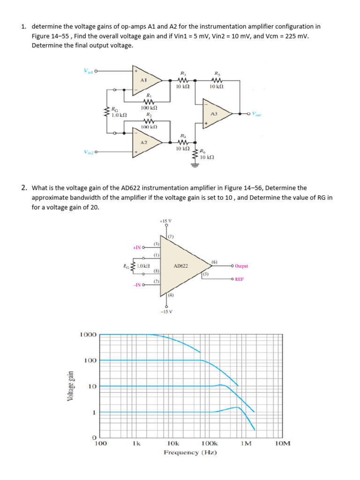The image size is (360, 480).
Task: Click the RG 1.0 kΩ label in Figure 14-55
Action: tap(118, 112)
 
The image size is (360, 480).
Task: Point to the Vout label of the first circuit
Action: tap(257, 114)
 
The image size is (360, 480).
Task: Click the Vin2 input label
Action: tap(89, 152)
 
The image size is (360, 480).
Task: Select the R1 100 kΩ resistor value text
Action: tap(148, 108)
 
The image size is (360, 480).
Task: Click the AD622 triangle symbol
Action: tap(183, 266)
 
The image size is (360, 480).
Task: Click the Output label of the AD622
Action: tap(241, 266)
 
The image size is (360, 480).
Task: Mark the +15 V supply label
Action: tap(166, 221)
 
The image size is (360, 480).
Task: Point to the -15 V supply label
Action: tap(166, 311)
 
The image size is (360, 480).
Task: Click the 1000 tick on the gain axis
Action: tap(88, 335)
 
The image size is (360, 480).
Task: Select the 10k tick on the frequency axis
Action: tap(172, 443)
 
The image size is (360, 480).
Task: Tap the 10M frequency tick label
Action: tap(283, 443)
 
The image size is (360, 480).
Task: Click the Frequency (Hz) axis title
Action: tap(190, 452)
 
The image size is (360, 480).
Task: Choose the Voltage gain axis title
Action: tap(70, 385)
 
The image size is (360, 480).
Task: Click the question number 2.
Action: tap(24, 188)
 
